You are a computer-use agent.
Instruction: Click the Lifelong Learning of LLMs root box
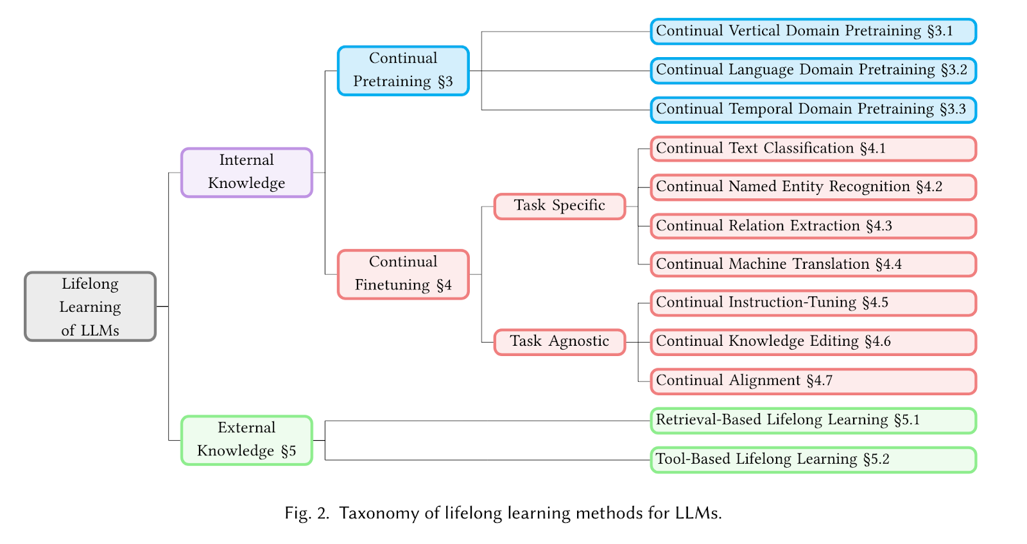coord(91,307)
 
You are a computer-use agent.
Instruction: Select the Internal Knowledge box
coord(246,173)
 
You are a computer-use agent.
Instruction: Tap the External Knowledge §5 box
coord(246,440)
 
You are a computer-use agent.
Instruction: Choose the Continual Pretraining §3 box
coord(403,71)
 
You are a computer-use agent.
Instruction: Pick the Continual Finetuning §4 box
coord(403,274)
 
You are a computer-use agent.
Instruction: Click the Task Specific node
coord(559,206)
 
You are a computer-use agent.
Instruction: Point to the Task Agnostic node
coord(559,342)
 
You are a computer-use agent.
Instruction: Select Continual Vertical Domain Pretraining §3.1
coord(813,31)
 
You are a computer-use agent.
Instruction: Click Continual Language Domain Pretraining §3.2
coord(813,71)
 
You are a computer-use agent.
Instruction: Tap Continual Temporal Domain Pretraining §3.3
coord(813,110)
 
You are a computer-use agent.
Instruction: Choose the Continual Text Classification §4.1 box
coord(813,149)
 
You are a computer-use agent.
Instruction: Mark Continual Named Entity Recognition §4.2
coord(813,187)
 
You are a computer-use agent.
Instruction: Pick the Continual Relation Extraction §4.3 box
coord(813,226)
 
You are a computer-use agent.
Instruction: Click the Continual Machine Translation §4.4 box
coord(813,264)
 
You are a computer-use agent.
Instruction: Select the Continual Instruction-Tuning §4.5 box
coord(813,303)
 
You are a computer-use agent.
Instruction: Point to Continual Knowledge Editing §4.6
coord(813,342)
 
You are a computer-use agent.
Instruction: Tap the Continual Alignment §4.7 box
coord(813,381)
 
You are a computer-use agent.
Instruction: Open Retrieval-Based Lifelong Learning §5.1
coord(813,421)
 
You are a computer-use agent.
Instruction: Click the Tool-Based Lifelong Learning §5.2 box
coord(813,460)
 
